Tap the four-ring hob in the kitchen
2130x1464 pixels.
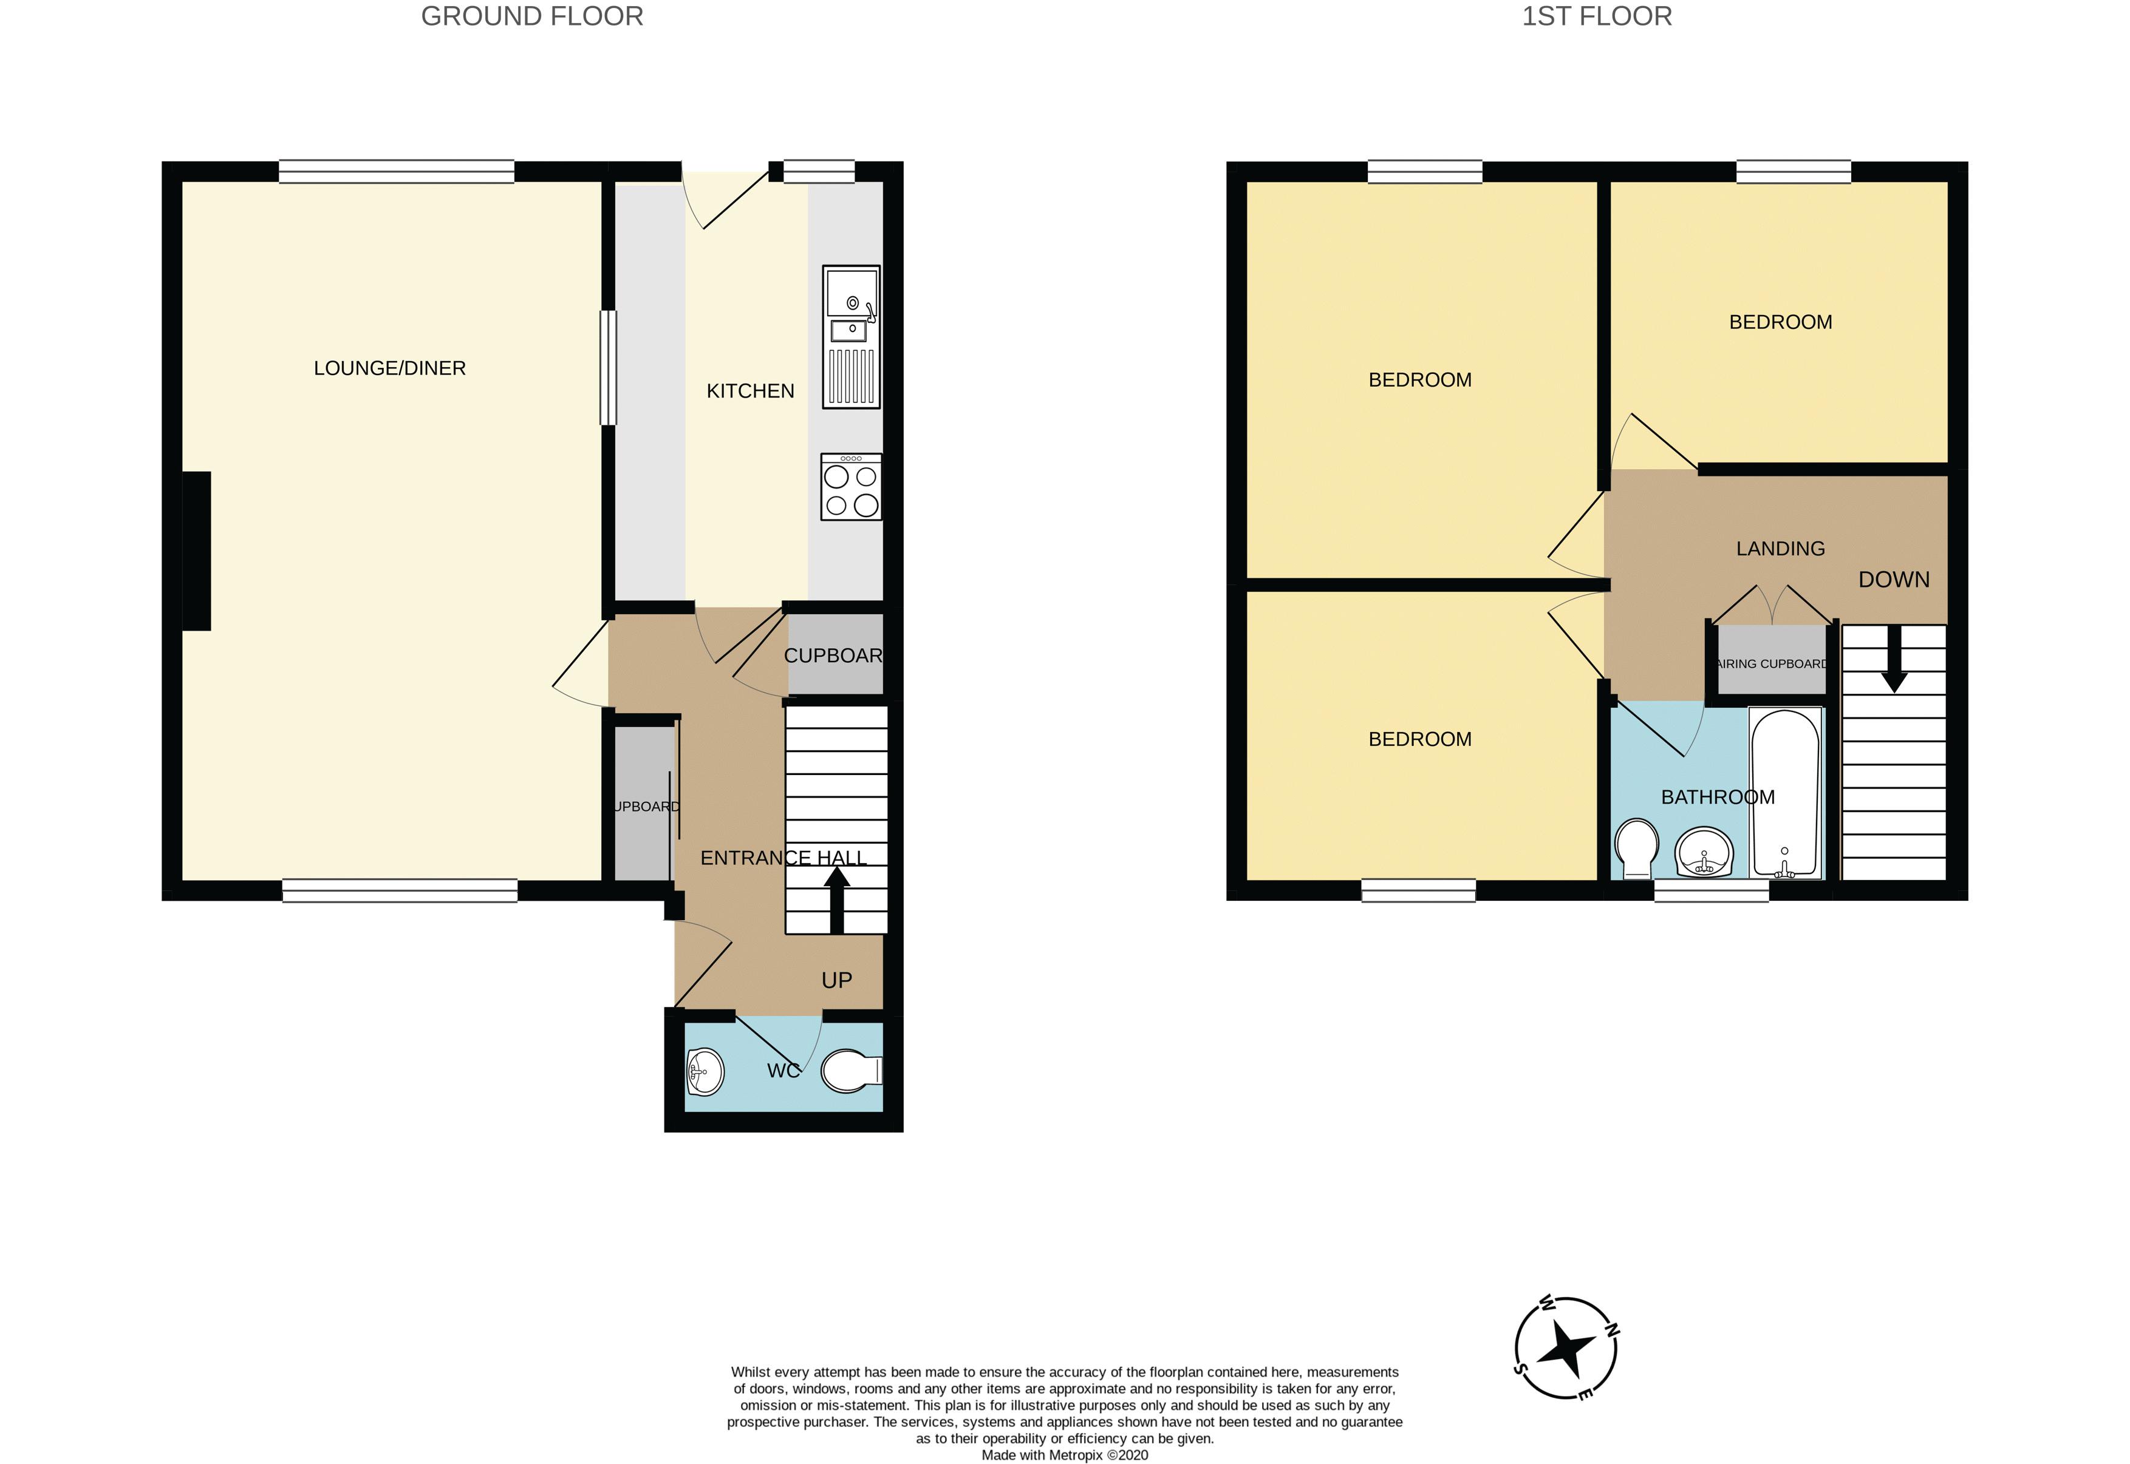click(x=852, y=487)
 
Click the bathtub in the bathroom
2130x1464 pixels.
click(x=1785, y=793)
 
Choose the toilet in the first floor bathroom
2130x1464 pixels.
click(x=1636, y=849)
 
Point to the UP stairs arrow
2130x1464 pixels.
click(x=836, y=900)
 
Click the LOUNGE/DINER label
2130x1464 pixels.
click(x=390, y=368)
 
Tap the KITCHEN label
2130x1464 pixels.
click(x=751, y=391)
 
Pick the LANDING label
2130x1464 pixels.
click(x=1780, y=549)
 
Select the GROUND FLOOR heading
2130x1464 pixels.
click(x=532, y=16)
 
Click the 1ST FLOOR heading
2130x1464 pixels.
click(x=1597, y=16)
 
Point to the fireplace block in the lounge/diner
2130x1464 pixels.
click(x=196, y=551)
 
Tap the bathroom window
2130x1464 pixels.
click(x=1712, y=890)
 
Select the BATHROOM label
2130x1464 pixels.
click(x=1718, y=797)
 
